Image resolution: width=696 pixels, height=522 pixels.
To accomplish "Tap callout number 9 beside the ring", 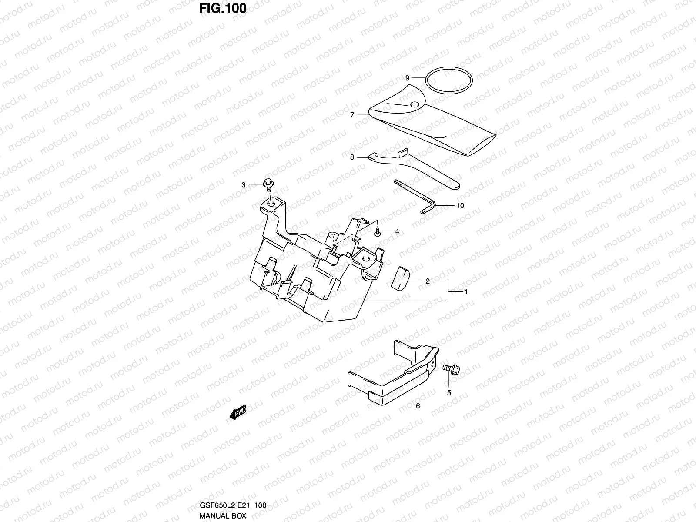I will click(407, 78).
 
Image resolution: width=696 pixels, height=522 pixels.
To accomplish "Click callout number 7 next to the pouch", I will click(352, 115).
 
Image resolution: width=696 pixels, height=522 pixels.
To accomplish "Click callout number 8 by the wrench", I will click(352, 157).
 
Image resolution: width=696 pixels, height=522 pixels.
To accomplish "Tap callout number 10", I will click(460, 205).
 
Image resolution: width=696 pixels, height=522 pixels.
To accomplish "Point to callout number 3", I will click(244, 185).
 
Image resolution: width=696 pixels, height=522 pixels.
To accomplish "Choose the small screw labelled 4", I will click(377, 232).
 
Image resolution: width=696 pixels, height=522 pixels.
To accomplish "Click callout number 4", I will click(397, 232).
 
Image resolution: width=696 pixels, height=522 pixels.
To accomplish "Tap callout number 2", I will click(428, 281).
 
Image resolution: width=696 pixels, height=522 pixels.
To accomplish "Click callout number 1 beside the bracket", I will click(466, 292).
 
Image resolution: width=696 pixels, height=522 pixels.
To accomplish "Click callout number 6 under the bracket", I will click(418, 406).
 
